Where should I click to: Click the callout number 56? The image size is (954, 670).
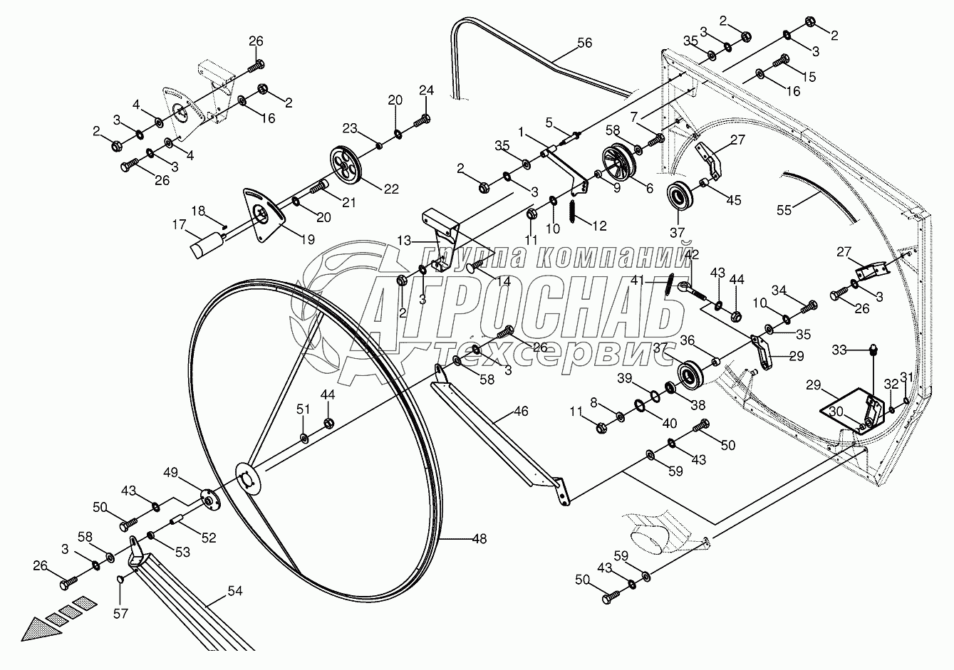[584, 43]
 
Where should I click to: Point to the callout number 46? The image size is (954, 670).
[521, 412]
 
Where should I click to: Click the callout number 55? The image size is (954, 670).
[784, 211]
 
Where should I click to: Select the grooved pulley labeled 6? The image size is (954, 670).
[618, 161]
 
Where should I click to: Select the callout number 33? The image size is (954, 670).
[840, 350]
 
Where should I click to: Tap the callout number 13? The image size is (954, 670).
[405, 242]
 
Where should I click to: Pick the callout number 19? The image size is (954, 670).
[307, 240]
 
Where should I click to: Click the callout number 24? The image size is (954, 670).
[426, 90]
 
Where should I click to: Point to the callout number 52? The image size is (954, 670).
[208, 539]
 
